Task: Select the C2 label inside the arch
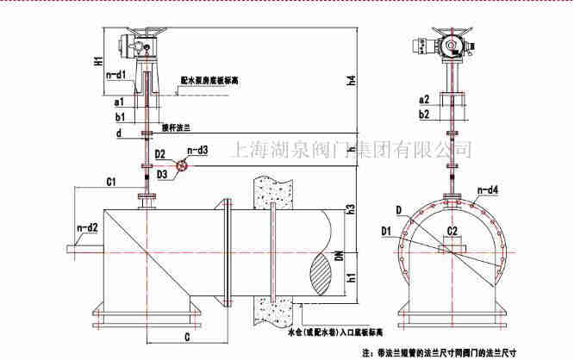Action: tap(452, 233)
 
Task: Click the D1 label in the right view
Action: tap(387, 230)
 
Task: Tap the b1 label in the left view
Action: tap(120, 115)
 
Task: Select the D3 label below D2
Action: tap(161, 175)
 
